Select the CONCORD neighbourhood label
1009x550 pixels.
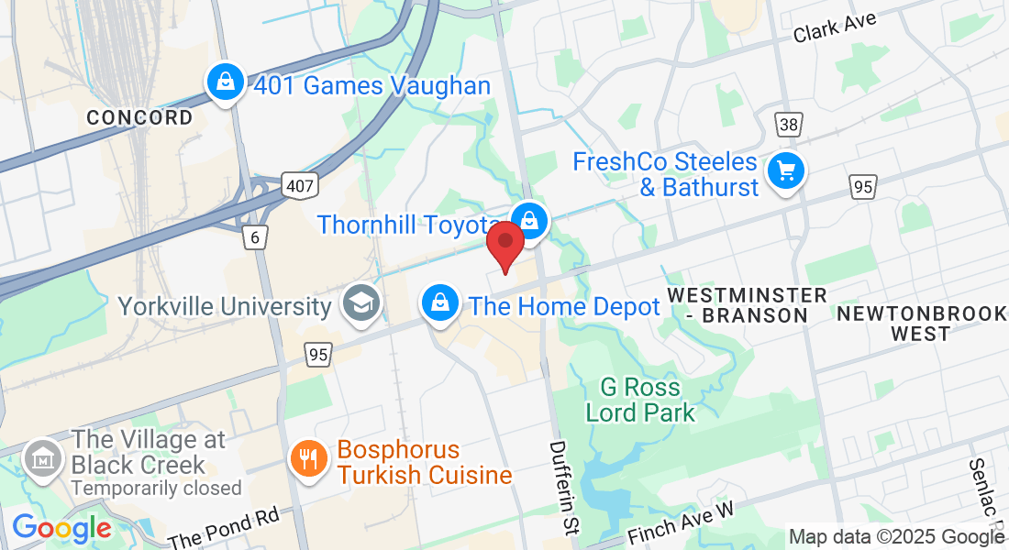point(139,117)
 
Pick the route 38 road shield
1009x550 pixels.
point(787,125)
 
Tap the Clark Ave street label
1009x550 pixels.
point(836,27)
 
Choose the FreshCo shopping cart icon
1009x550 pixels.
point(785,171)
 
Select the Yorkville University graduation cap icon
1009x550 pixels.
point(360,303)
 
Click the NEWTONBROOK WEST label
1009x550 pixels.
point(921,324)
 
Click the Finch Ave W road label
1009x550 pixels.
point(684,521)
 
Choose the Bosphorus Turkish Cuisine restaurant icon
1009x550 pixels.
point(308,458)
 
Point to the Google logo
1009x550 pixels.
point(61,529)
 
